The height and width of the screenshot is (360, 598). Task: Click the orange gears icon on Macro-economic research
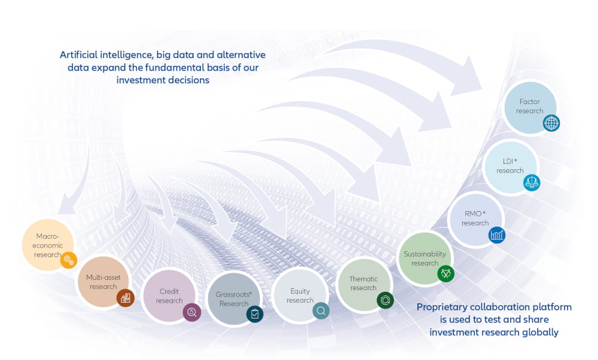coord(69,261)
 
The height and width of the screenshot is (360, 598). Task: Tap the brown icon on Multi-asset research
coord(126,298)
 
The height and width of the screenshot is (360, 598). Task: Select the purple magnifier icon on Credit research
coord(192,313)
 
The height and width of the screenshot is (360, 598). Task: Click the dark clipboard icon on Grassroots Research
coord(255,314)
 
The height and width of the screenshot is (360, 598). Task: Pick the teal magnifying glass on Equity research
coord(321,311)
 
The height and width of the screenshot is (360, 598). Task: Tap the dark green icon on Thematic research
coord(385,301)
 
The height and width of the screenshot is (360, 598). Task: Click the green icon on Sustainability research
coord(446,273)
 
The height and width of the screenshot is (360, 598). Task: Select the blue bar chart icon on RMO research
coord(497,235)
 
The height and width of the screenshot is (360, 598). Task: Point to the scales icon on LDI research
coord(532,182)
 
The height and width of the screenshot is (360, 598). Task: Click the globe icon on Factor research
coord(551,123)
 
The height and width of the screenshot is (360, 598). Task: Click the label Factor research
coord(530,106)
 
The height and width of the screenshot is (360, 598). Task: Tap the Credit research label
coord(169,296)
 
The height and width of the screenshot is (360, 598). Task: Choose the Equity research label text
coord(300,295)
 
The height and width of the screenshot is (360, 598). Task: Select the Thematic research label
coord(364,283)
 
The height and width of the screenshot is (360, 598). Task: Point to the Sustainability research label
coord(425,258)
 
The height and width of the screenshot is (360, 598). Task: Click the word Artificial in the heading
coord(78,55)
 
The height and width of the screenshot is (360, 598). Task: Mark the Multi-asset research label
coord(103,282)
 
